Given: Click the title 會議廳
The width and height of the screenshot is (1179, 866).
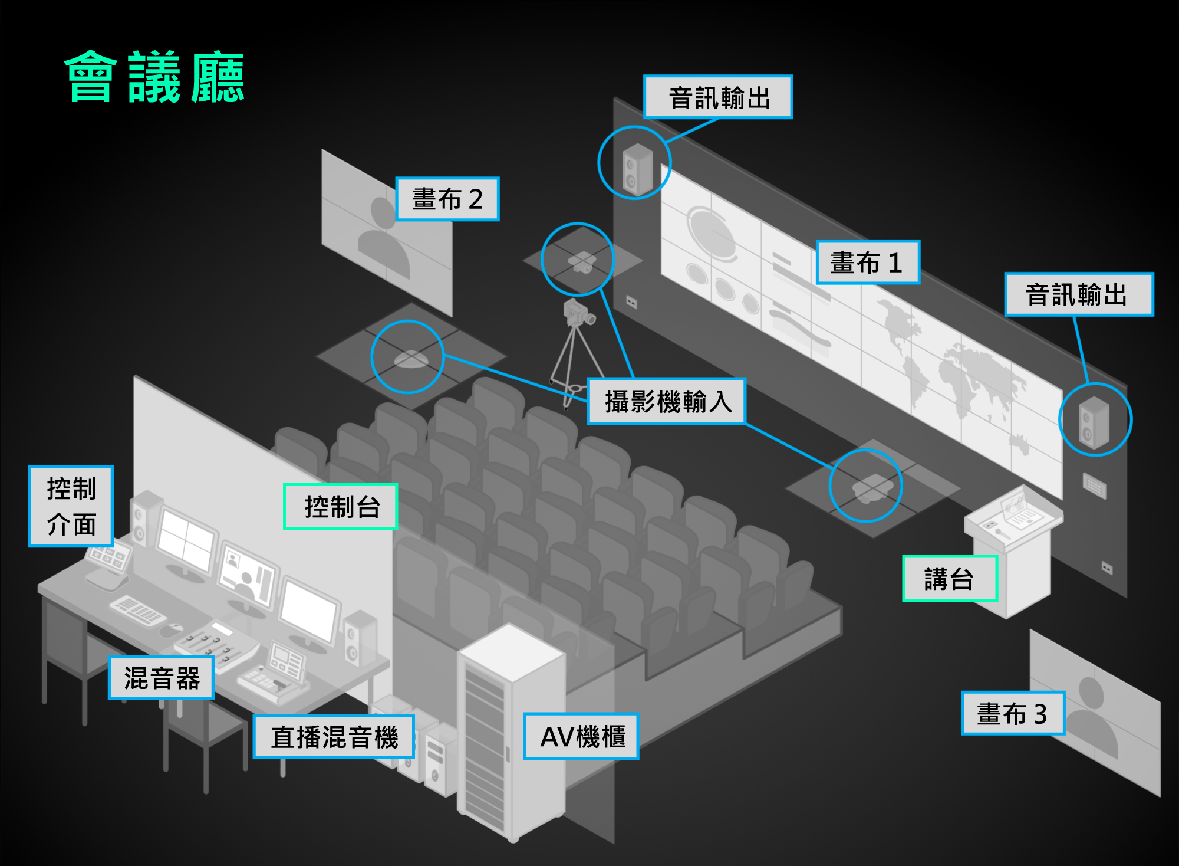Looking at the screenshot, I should coord(154,77).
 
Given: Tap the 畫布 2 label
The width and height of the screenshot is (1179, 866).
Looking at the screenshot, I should coord(447,199).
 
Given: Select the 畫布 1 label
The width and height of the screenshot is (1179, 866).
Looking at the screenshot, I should coord(867,263).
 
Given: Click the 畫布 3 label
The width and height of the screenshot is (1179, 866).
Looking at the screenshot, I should coord(1013,714).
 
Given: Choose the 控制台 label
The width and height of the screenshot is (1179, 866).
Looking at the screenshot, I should coord(341,507).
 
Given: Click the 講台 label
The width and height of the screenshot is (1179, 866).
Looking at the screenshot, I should coord(949,579).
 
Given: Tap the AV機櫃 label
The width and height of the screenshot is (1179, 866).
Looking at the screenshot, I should coord(581,736).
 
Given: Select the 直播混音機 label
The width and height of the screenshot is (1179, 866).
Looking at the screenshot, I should coord(334,737).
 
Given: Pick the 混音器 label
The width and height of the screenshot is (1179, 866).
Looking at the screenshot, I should coord(161,678).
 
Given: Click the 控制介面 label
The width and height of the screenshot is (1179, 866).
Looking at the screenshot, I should coord(71,507).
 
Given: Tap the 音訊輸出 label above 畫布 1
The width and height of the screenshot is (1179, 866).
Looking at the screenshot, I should coord(718,97).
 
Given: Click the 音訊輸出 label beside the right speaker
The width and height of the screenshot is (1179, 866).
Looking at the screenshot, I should coord(1078,294).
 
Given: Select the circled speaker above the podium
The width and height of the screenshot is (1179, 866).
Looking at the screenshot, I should coord(1094,421).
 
